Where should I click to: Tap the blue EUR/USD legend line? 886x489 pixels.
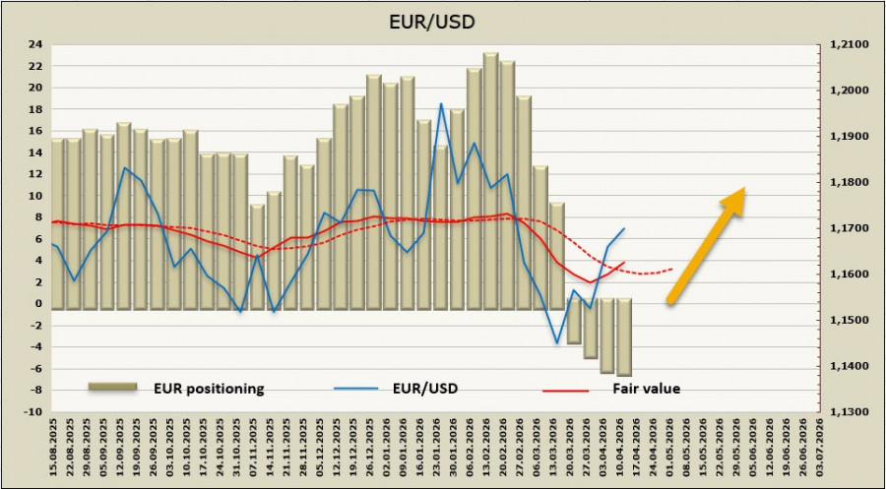356,388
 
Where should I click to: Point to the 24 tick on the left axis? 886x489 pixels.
35,44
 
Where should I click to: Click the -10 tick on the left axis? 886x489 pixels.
32,411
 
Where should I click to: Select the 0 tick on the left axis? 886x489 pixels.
38,303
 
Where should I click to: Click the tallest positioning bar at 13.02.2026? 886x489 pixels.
490,177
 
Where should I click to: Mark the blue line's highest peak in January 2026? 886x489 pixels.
440,104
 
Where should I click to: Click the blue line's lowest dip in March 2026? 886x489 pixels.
557,342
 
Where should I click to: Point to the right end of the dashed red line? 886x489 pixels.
673,268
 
